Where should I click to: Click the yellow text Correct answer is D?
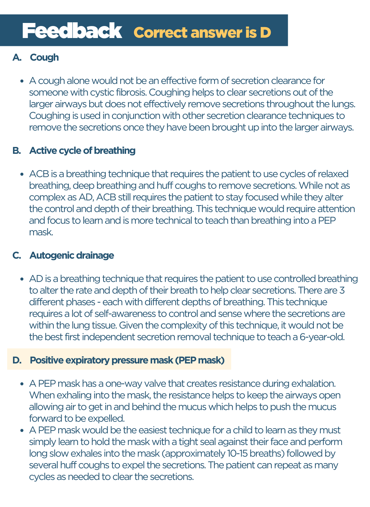point(202,33)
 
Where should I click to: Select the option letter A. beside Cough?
point(17,58)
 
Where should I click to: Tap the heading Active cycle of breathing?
point(82,151)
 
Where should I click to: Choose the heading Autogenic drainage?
point(72,256)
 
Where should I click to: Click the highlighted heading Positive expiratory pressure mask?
point(127,360)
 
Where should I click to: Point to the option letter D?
point(17,360)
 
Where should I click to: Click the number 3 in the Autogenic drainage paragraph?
point(342,290)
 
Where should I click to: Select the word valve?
point(172,384)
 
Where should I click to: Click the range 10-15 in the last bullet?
point(237,454)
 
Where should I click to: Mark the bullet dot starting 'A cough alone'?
point(22,81)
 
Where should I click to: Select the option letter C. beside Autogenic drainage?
point(17,256)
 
